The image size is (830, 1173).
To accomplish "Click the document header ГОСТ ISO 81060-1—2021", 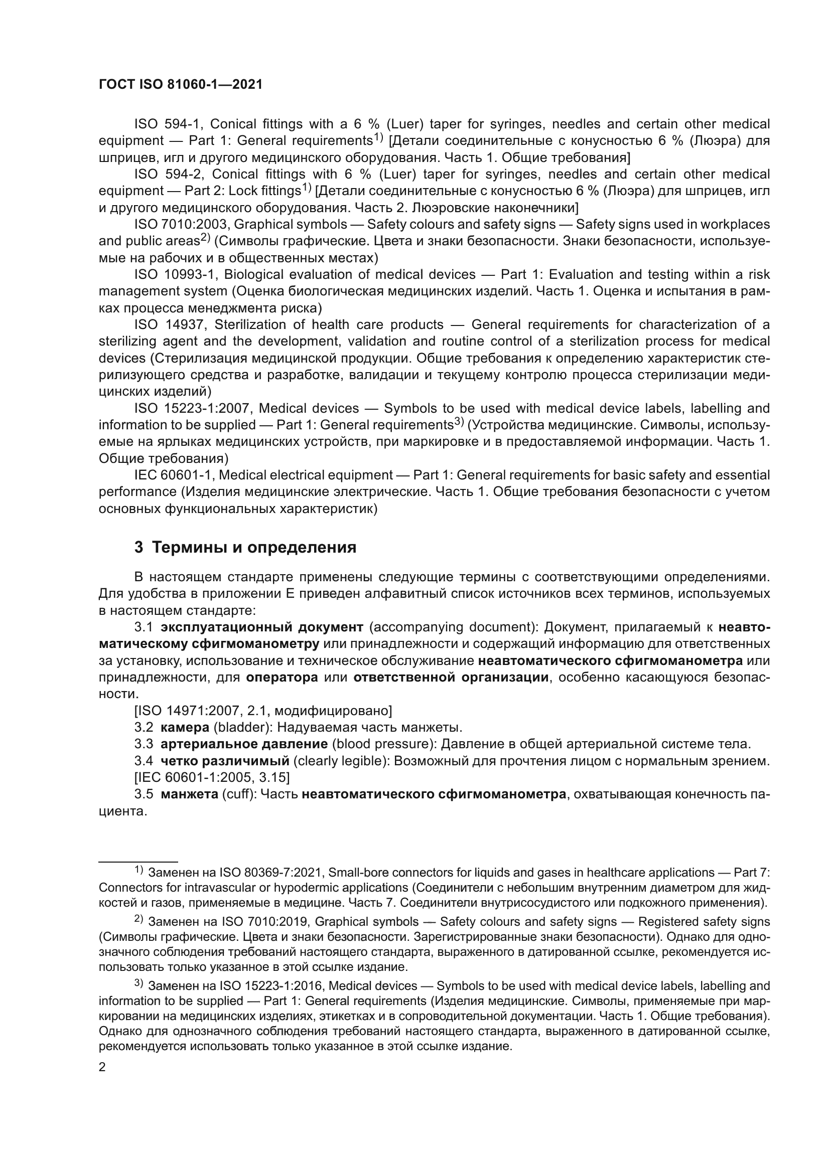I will click(x=181, y=85).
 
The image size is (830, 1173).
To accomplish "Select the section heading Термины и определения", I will click(x=254, y=548).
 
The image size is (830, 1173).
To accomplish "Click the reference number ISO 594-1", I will click(x=169, y=124).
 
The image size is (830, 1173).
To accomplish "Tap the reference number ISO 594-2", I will click(x=169, y=174).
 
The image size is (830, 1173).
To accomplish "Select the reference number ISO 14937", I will click(x=169, y=324).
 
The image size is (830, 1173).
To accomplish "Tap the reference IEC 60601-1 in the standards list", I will click(x=173, y=475).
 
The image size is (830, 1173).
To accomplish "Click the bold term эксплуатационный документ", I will click(x=261, y=627).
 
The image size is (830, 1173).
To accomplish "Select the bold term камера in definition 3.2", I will click(x=185, y=728).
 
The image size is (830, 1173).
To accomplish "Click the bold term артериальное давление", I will click(x=244, y=744).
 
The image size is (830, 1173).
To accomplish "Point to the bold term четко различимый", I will click(x=225, y=761).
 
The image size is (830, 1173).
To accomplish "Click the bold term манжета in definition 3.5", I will click(x=189, y=794).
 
